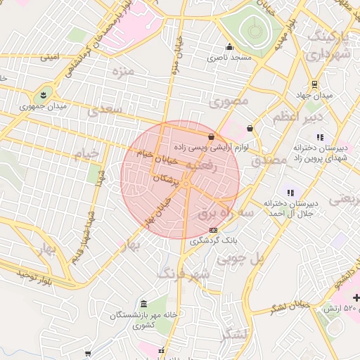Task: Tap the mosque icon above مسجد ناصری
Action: pyautogui.click(x=229, y=47)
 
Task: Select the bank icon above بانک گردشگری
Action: pyautogui.click(x=213, y=230)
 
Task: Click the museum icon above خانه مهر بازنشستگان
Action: pyautogui.click(x=144, y=304)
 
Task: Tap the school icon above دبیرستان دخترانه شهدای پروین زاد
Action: pyautogui.click(x=320, y=137)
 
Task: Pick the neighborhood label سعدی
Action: pyautogui.click(x=105, y=111)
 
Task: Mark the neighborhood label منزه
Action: pyautogui.click(x=121, y=71)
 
